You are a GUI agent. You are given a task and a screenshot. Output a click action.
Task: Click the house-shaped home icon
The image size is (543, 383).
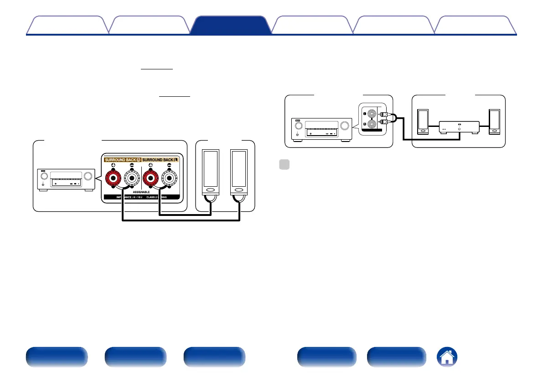447,357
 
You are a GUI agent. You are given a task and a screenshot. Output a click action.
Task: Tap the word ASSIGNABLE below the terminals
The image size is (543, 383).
141,193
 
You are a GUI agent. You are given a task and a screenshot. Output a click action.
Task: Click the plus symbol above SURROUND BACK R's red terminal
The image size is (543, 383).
112,167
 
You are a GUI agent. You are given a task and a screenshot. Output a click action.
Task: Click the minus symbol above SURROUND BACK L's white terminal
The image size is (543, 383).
171,167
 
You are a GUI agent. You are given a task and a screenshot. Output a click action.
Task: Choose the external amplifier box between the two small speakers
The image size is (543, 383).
459,127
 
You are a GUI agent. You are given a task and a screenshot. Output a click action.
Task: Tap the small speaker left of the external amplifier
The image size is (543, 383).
423,121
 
